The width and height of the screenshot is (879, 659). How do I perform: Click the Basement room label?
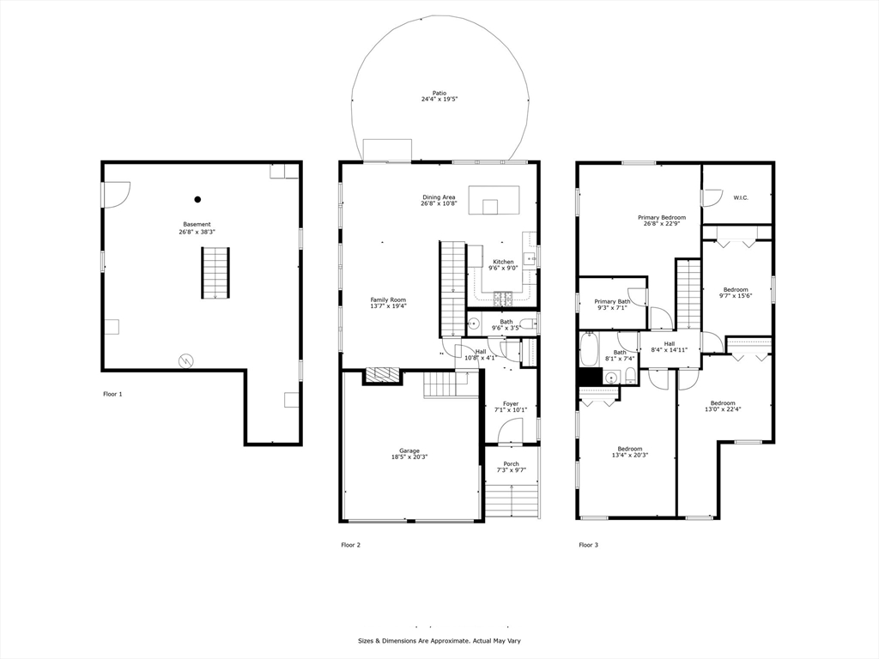(x=197, y=224)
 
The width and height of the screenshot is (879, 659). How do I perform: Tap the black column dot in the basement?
(x=197, y=199)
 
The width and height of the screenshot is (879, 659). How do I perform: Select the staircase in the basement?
(x=215, y=273)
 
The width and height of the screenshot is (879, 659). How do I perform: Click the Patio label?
(x=439, y=93)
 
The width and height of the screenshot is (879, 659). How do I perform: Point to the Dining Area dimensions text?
(x=439, y=204)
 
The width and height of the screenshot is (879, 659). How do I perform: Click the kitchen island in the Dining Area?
(x=494, y=199)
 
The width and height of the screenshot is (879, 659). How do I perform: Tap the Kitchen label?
(x=503, y=262)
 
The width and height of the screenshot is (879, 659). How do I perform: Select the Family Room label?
(x=388, y=299)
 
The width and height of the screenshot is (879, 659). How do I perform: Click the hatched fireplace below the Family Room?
(x=382, y=375)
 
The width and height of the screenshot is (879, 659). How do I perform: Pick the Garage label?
(x=409, y=450)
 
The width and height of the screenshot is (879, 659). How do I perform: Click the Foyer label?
(x=511, y=403)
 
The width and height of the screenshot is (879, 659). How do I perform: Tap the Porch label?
(x=512, y=464)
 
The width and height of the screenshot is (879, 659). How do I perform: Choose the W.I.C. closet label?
(x=741, y=198)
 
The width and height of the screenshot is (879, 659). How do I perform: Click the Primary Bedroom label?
(x=662, y=217)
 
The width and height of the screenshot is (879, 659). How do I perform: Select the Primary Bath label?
(x=612, y=301)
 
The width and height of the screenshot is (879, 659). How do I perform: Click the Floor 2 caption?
(x=351, y=545)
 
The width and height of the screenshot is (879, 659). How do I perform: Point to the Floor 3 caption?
(x=588, y=545)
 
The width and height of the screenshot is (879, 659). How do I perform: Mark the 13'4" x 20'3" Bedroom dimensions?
(x=629, y=455)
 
